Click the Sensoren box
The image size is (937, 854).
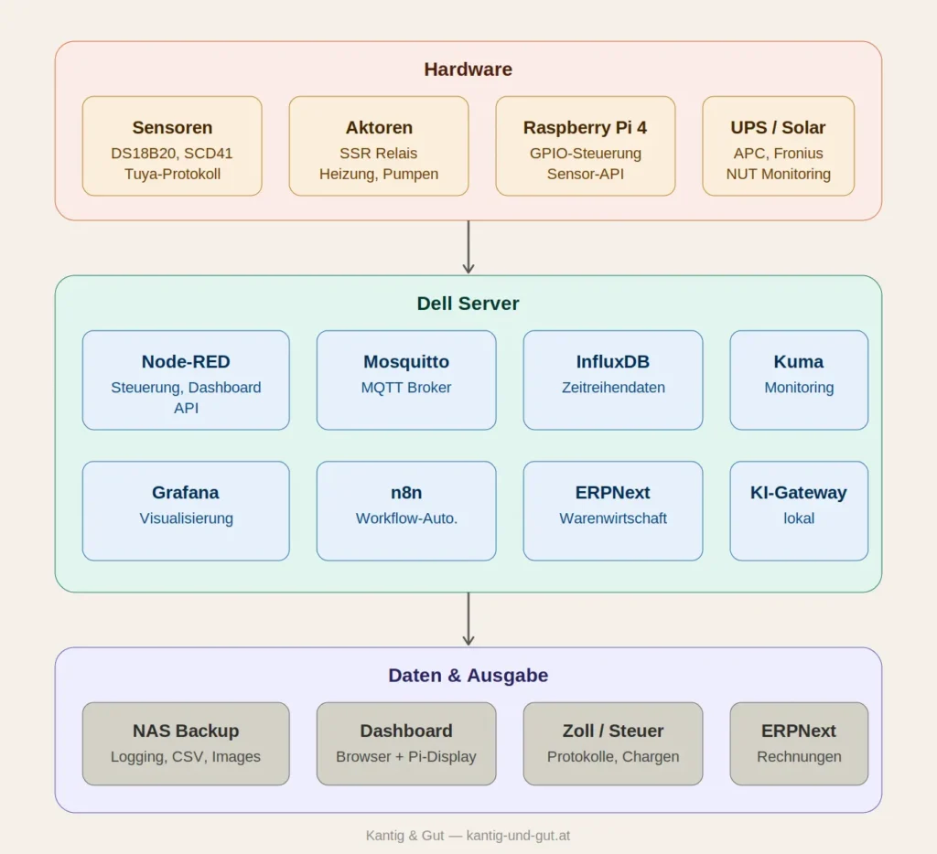(x=172, y=146)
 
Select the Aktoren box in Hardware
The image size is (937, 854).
(x=379, y=146)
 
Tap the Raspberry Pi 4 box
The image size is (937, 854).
(x=586, y=146)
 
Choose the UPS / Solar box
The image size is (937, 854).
(x=778, y=146)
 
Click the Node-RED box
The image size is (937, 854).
(x=186, y=380)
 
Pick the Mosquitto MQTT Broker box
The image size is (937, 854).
(x=406, y=380)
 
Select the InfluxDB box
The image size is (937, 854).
(x=613, y=380)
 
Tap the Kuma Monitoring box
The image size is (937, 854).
(x=799, y=380)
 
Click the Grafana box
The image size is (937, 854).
(x=186, y=511)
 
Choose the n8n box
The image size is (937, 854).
(x=406, y=511)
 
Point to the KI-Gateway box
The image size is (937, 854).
(x=799, y=511)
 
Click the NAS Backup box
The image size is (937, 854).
(x=186, y=744)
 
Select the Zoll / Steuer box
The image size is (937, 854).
(x=613, y=744)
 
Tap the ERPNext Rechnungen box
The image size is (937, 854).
(x=799, y=744)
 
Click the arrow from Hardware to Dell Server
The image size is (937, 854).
(x=468, y=247)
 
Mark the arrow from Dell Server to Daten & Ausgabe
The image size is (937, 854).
(x=468, y=619)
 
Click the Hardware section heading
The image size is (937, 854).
(x=468, y=69)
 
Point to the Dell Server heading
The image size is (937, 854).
(x=468, y=304)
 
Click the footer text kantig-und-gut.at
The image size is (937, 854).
(x=518, y=836)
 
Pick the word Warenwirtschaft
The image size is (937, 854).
(x=613, y=518)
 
